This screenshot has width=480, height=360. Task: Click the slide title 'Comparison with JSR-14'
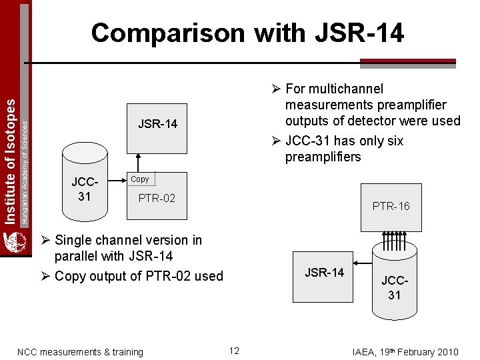[x=247, y=33]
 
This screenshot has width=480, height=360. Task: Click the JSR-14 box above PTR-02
[x=157, y=124]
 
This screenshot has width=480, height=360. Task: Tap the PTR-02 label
[x=157, y=198]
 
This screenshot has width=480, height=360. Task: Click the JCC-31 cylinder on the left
[x=85, y=189]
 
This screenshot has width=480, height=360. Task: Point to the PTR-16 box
[x=391, y=206]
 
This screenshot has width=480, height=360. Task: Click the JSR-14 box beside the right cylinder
[x=324, y=272]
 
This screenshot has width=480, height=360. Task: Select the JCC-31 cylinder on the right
[x=394, y=280]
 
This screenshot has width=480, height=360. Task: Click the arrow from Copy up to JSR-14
[x=137, y=162]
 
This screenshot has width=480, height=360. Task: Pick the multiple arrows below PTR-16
[x=394, y=238]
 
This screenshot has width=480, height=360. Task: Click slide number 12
[x=234, y=351]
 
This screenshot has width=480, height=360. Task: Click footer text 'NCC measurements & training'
[x=80, y=352]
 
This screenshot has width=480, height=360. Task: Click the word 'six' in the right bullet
[x=393, y=141]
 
